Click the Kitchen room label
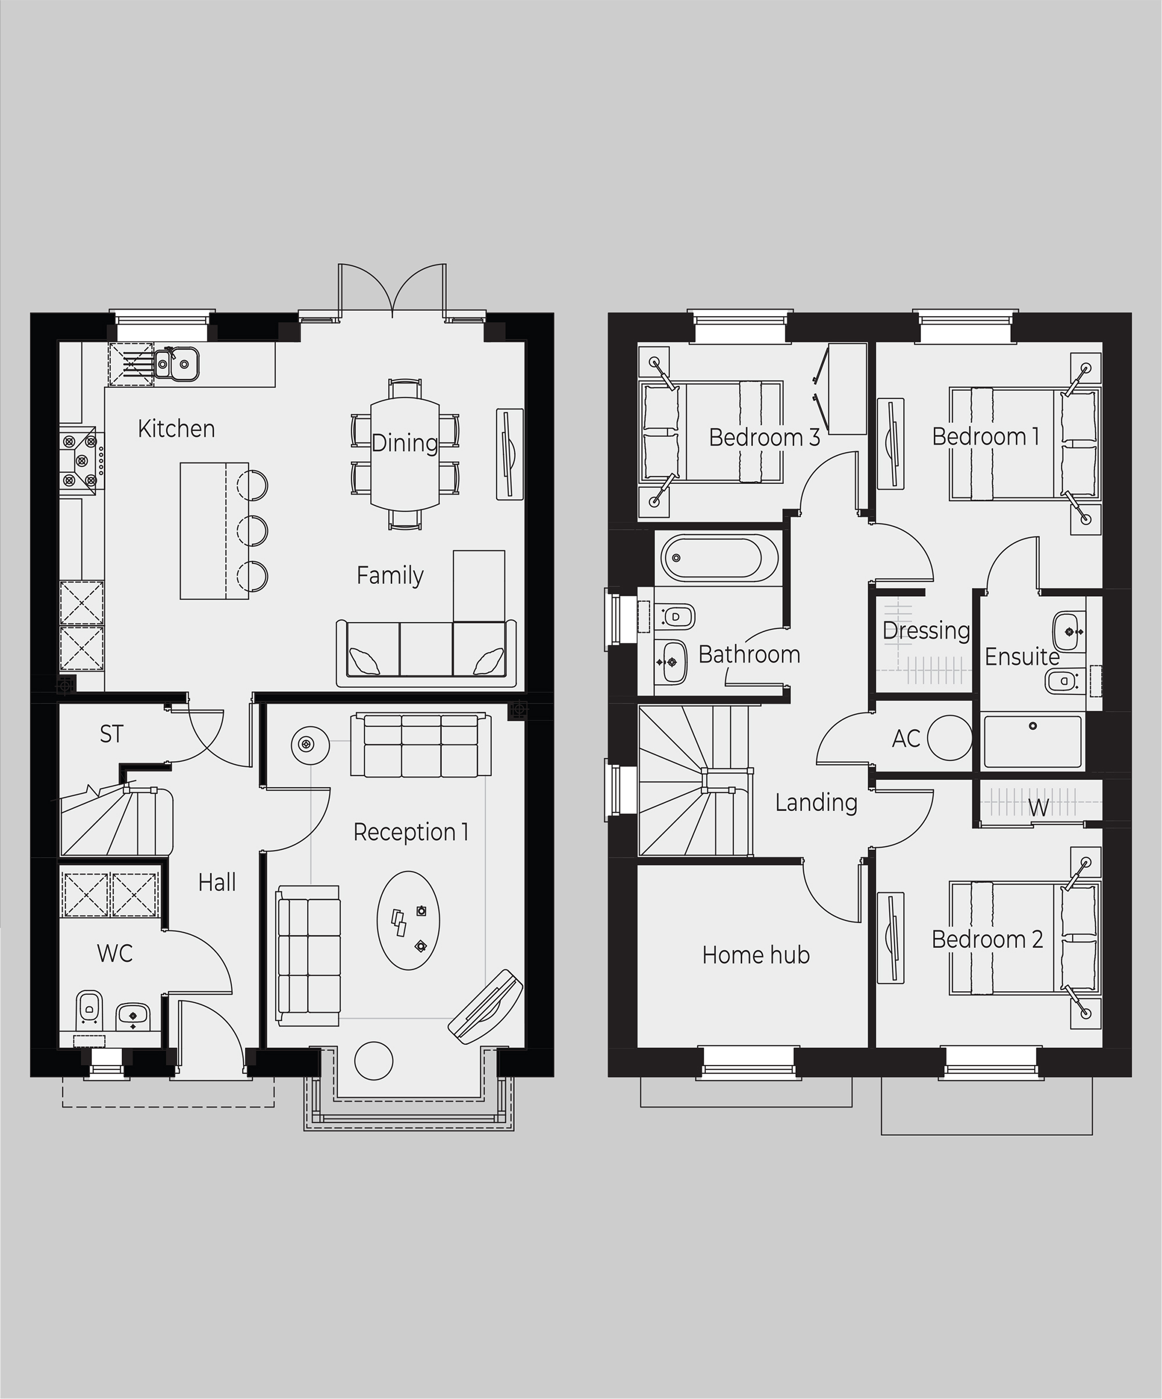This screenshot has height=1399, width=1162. (x=177, y=429)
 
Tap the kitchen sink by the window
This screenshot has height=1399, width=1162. (x=177, y=363)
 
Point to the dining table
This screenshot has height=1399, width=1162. (x=404, y=454)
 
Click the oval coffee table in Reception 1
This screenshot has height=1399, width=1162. (x=408, y=920)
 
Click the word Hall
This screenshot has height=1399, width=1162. (x=217, y=883)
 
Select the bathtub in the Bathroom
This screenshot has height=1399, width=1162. (x=720, y=558)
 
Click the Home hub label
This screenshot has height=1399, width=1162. (x=756, y=955)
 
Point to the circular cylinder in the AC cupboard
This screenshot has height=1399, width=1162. (x=949, y=737)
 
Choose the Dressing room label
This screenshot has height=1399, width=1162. (x=926, y=631)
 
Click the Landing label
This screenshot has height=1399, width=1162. (x=816, y=803)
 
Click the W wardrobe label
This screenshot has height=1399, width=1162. (x=1038, y=808)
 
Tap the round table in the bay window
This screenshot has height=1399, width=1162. (x=374, y=1060)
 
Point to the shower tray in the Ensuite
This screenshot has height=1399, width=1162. (x=1033, y=741)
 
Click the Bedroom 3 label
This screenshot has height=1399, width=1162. (x=764, y=437)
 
